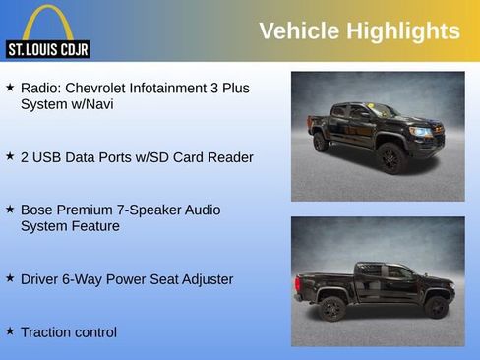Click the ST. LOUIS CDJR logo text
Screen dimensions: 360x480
[x=47, y=49]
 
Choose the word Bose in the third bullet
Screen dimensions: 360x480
[x=38, y=210]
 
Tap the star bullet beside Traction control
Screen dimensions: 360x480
[x=10, y=331]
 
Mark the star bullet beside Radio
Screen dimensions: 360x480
[x=10, y=88]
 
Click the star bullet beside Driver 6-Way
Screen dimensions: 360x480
[x=10, y=278]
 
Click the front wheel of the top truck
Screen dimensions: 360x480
[x=391, y=158]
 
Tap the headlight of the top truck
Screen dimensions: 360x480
[x=423, y=131]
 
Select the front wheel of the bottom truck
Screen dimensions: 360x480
[x=436, y=308]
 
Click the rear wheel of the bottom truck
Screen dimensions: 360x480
[x=331, y=309]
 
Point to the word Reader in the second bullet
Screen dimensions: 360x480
[x=231, y=157]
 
